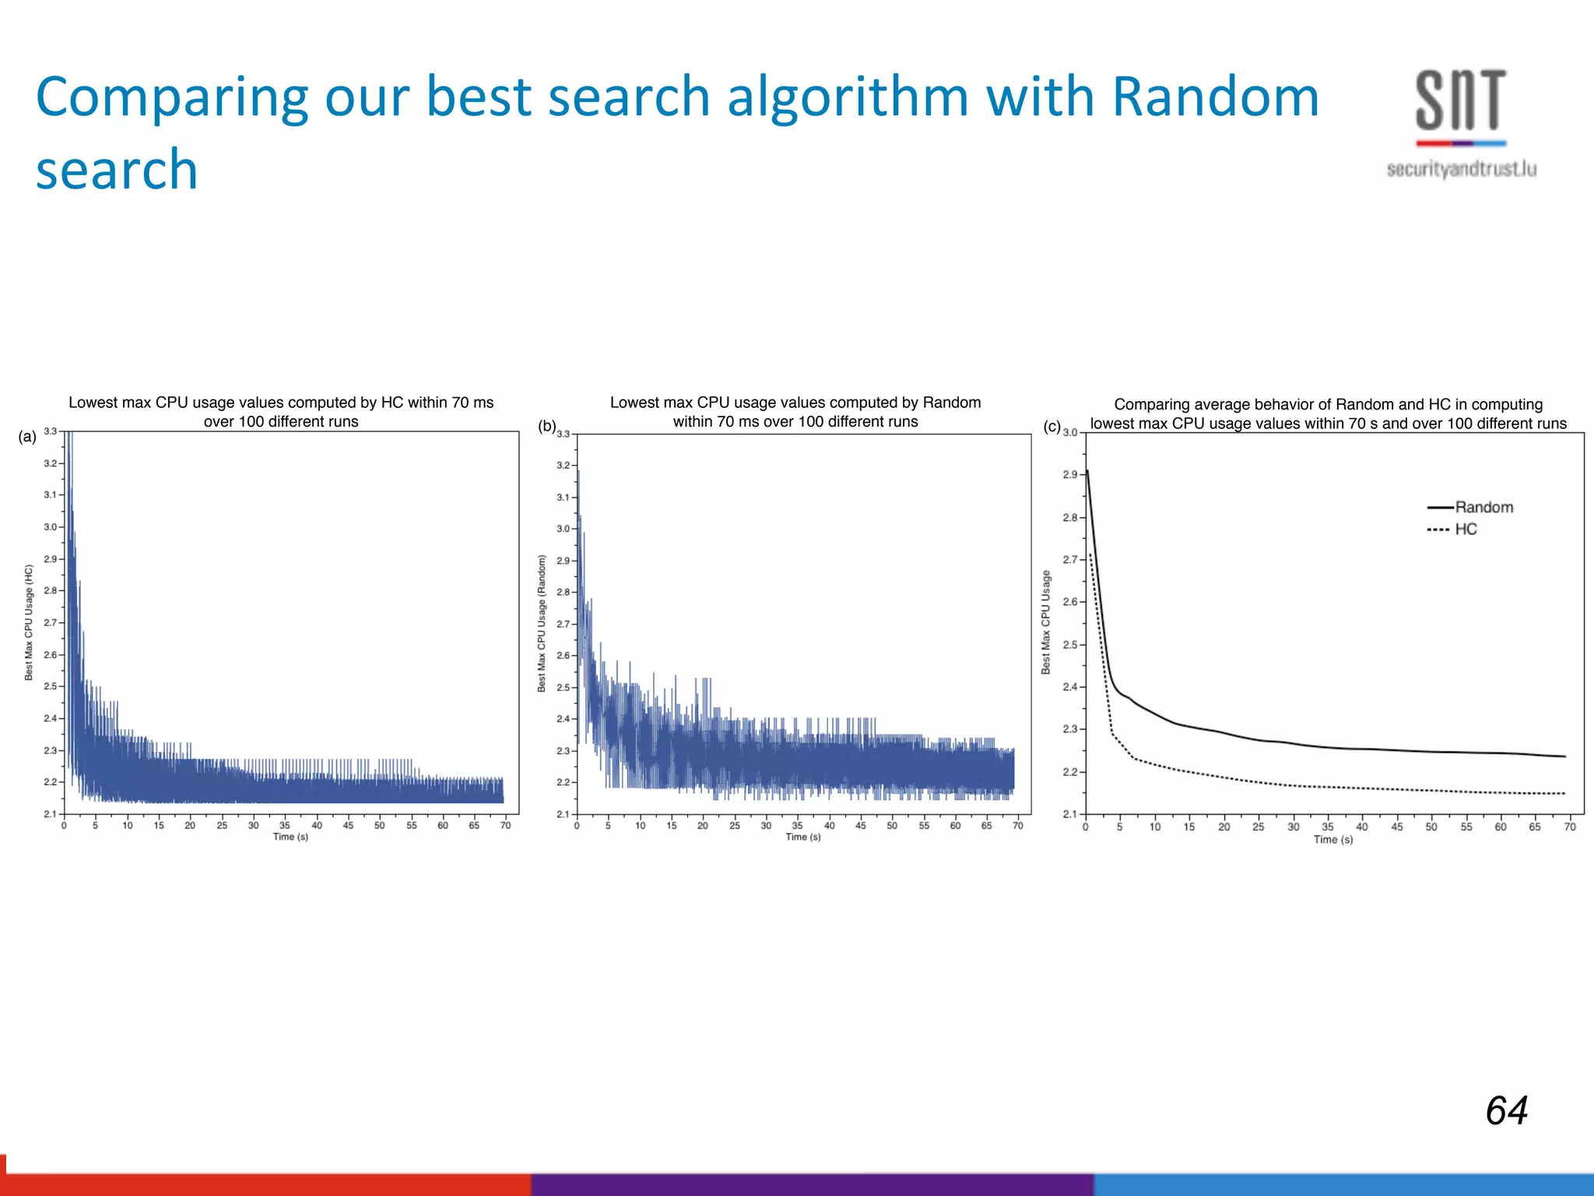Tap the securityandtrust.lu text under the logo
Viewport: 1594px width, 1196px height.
click(x=1461, y=169)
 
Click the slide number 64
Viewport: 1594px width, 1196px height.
click(x=1506, y=1110)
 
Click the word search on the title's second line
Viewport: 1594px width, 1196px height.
click(x=117, y=170)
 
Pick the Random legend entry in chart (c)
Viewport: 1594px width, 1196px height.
click(x=1483, y=507)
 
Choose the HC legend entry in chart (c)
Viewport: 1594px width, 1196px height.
click(x=1466, y=529)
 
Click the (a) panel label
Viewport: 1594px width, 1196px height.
click(x=27, y=437)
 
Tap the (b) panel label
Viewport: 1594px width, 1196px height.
click(x=547, y=426)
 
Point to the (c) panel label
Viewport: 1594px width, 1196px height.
click(x=1052, y=427)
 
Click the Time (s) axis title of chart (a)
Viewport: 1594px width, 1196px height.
click(x=290, y=837)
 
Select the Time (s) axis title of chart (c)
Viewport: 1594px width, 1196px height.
click(x=1332, y=839)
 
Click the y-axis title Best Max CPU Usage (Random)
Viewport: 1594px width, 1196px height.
click(x=542, y=623)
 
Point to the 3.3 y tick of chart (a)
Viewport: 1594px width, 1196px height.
click(x=50, y=431)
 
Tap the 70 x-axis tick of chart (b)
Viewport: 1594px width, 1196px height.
click(x=1017, y=825)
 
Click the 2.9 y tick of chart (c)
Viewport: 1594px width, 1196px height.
click(x=1069, y=474)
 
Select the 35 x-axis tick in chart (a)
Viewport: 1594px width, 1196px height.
click(x=285, y=825)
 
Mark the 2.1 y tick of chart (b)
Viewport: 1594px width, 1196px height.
click(x=563, y=814)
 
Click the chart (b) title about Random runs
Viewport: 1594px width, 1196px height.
click(x=795, y=412)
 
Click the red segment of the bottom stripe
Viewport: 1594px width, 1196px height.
click(x=265, y=1184)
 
